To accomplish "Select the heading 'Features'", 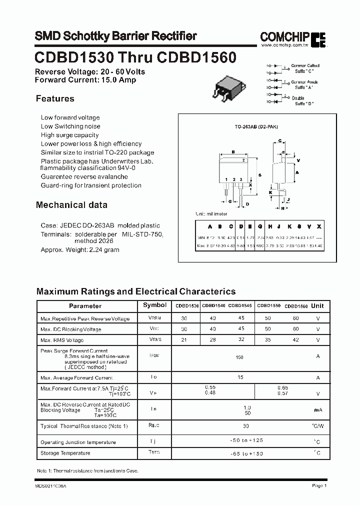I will [55, 99].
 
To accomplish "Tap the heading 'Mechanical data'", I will [71, 205].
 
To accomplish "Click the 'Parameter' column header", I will [85, 306].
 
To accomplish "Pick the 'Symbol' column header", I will [155, 305].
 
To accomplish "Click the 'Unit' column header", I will [317, 306].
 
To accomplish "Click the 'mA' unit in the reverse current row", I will [318, 410].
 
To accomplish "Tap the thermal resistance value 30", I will [246, 425].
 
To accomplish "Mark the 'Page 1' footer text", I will [319, 485].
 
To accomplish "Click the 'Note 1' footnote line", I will [87, 471].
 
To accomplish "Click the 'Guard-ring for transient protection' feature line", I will [91, 185].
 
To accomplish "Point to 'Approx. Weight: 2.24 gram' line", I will [80, 249].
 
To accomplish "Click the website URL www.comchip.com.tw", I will [283, 45].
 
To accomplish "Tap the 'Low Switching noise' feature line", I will [70, 126].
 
